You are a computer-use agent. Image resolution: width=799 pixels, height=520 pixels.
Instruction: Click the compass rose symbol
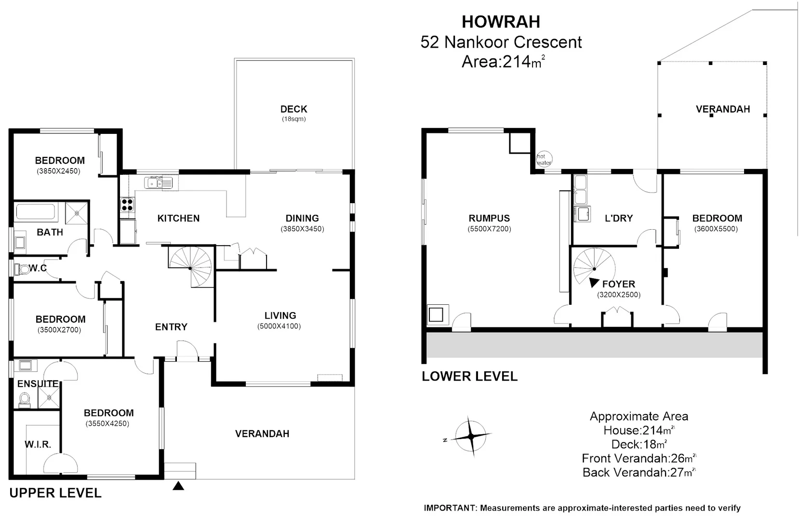[x=470, y=436]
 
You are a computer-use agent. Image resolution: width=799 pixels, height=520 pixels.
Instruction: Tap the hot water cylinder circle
[x=544, y=158]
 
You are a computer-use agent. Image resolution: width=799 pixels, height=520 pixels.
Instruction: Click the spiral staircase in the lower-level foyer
[x=595, y=268]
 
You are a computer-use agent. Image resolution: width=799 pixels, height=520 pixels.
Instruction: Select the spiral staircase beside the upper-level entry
[x=190, y=267]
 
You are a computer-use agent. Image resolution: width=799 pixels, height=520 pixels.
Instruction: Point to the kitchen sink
[x=159, y=182]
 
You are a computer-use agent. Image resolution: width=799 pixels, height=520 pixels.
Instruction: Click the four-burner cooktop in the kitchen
[x=127, y=205]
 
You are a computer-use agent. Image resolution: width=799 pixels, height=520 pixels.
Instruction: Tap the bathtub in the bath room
[x=36, y=212]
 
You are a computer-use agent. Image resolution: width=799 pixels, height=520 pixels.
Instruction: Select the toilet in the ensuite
[x=25, y=399]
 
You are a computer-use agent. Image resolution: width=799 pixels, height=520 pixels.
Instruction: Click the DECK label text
[x=293, y=109]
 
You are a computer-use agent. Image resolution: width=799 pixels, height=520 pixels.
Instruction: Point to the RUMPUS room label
[x=489, y=218]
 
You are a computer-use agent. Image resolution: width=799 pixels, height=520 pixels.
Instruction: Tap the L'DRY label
[x=618, y=218]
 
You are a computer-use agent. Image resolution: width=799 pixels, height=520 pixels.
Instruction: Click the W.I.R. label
[x=38, y=444]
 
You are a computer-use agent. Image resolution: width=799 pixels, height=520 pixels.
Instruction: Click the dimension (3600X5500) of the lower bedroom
[x=716, y=229]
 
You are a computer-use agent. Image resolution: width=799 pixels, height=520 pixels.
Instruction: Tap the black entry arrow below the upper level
[x=178, y=486]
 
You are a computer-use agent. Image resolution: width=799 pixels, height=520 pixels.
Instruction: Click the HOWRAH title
[x=501, y=22]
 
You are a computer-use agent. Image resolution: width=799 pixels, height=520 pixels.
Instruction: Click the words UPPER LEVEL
[x=55, y=493]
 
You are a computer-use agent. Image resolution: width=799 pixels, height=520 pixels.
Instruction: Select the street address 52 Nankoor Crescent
[x=501, y=42]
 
